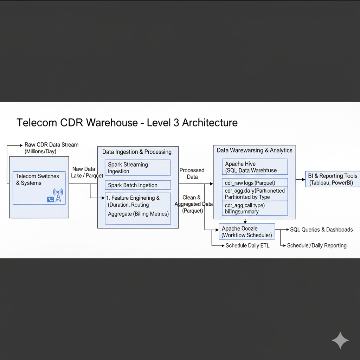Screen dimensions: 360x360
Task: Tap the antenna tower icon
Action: pos(58,195)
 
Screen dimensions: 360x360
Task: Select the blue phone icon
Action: pos(50,199)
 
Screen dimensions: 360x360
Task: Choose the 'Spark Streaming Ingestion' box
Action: pos(138,168)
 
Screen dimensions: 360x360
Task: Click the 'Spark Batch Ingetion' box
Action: pos(138,185)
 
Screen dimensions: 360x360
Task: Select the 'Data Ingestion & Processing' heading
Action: pos(137,152)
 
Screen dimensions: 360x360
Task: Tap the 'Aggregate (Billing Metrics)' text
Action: pos(138,214)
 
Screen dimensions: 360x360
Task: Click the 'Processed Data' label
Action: pos(192,173)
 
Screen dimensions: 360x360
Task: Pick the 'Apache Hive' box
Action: pos(255,167)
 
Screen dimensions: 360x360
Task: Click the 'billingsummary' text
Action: pos(242,212)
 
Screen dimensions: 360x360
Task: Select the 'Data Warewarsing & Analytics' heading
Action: pos(255,150)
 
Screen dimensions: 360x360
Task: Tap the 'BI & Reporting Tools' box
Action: pos(333,179)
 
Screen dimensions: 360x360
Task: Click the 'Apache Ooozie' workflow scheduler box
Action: pos(246,232)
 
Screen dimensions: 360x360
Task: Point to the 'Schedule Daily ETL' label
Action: pos(247,245)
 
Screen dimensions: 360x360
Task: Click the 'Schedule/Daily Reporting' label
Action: pos(317,245)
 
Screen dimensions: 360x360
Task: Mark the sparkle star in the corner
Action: pos(340,340)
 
